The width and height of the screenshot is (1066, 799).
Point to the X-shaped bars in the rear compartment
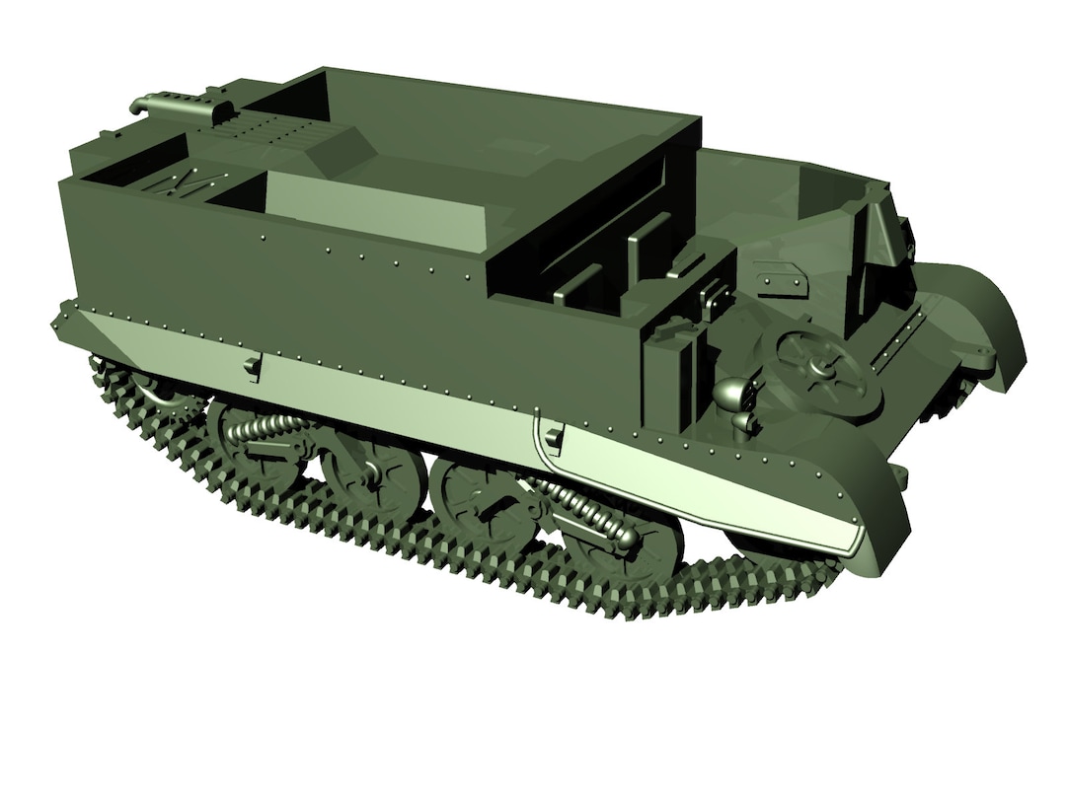tap(178, 182)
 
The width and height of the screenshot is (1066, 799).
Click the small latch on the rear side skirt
tap(252, 366)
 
